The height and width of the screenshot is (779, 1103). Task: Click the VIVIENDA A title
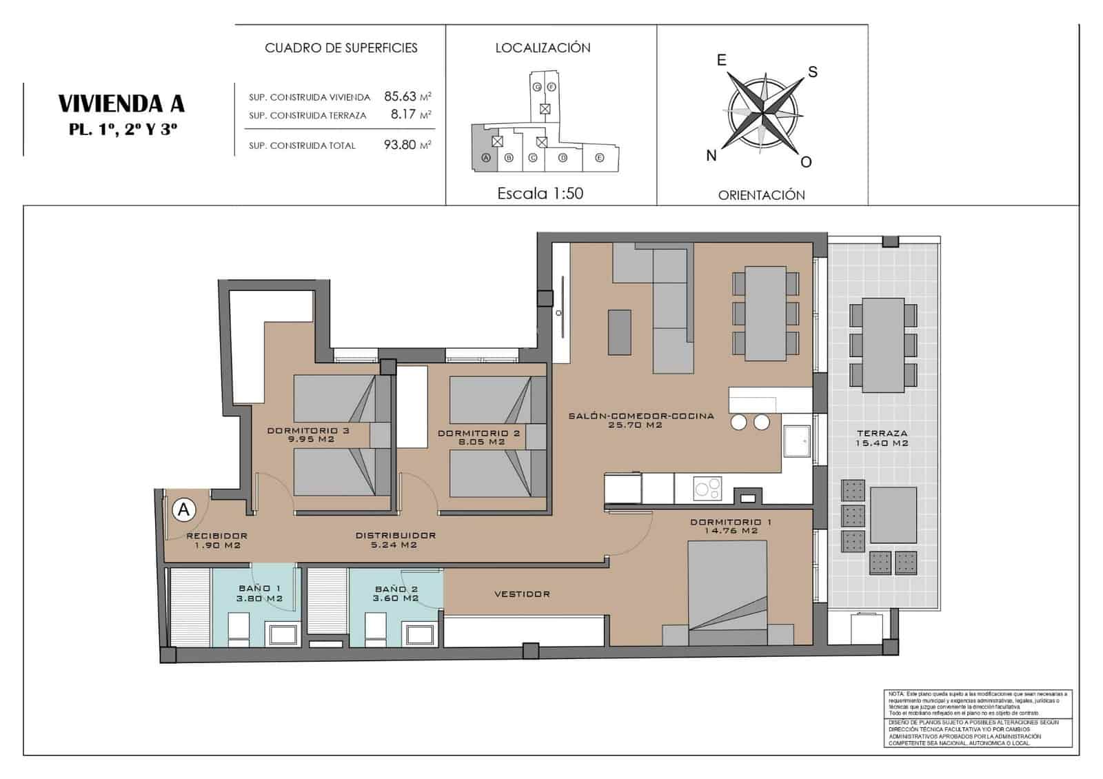(x=121, y=103)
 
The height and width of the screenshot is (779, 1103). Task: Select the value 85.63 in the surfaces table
(x=401, y=97)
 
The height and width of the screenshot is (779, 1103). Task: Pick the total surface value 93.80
(x=400, y=145)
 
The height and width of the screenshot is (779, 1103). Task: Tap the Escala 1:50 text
(x=540, y=194)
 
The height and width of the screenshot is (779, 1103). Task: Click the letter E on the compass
(x=722, y=61)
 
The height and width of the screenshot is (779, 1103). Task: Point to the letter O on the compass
(x=806, y=162)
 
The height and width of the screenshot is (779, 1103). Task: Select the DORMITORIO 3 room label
(x=308, y=431)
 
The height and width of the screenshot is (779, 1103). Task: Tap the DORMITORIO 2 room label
(x=479, y=434)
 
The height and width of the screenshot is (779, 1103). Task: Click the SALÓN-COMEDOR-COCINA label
(x=641, y=416)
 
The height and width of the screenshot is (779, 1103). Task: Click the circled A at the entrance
(x=183, y=509)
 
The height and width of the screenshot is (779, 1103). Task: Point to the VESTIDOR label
(x=522, y=594)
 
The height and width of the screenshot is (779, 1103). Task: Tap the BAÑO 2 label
(x=396, y=589)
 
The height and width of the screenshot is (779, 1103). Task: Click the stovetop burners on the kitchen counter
(x=707, y=489)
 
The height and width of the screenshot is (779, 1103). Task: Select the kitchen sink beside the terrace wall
(x=797, y=441)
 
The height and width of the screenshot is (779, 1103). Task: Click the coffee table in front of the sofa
(x=619, y=332)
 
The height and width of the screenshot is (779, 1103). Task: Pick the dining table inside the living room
(x=765, y=314)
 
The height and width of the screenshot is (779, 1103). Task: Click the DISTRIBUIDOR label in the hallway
(x=396, y=536)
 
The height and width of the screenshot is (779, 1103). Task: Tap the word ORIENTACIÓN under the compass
(x=761, y=195)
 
